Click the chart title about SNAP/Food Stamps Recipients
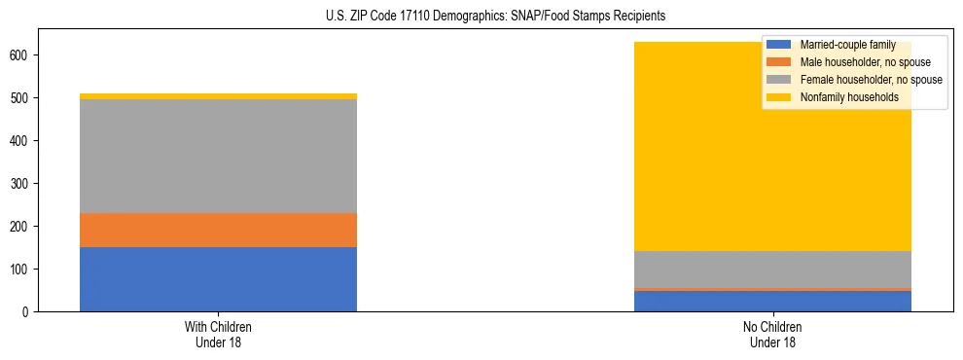482,17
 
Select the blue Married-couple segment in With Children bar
218,279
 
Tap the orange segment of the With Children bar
218,230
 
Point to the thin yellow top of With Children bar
218,96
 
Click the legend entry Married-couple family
847,45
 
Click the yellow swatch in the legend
779,97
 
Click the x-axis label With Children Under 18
218,334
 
